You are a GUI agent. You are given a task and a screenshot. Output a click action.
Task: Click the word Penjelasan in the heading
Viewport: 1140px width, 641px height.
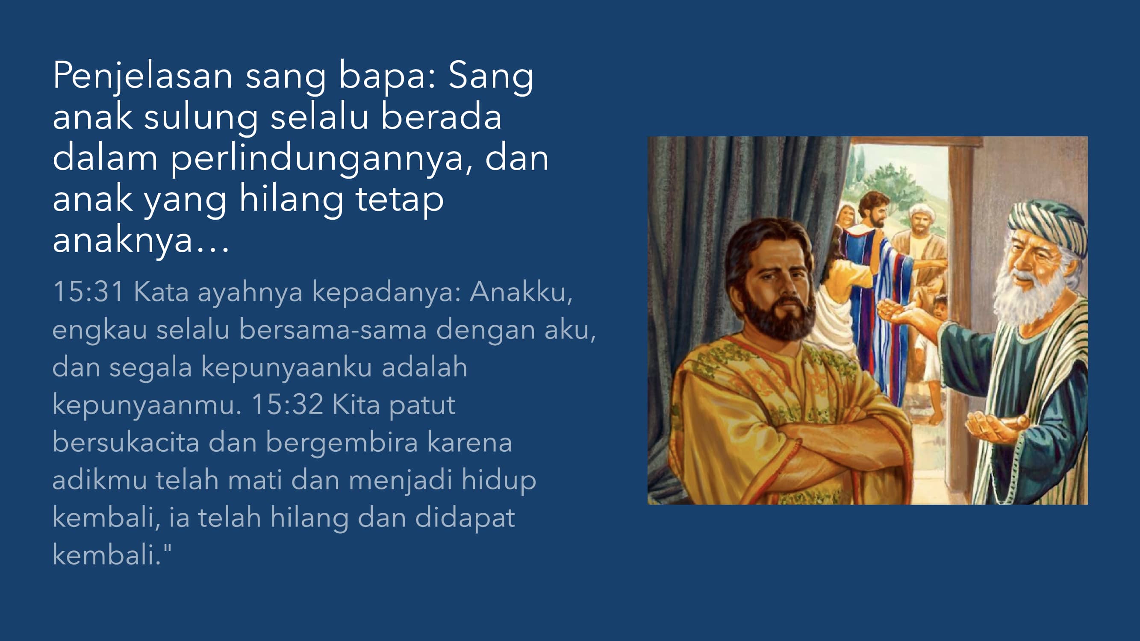pos(142,76)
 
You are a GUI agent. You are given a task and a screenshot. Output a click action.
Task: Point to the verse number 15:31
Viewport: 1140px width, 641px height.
pos(88,292)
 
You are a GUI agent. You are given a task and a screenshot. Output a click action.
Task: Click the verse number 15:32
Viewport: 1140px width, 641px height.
pos(288,405)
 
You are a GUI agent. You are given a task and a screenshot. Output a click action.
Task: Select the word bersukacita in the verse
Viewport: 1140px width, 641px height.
pos(126,442)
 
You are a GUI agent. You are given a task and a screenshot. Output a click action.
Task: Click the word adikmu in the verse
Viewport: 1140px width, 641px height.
pos(100,480)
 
